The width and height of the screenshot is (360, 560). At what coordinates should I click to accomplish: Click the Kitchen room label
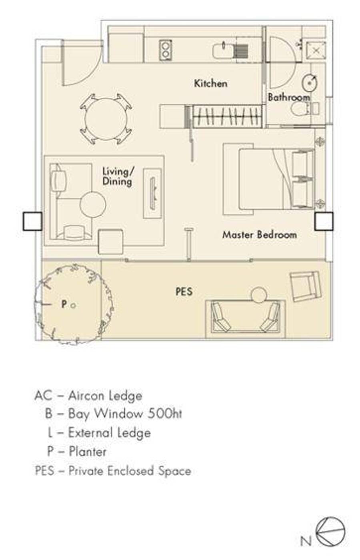pos(211,83)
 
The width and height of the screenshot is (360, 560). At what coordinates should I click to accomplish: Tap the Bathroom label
pos(289,97)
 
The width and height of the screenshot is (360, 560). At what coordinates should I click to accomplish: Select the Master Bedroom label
pos(260,235)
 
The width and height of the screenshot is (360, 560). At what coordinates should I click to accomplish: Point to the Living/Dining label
pos(118,177)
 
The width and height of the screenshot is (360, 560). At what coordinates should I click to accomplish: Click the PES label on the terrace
pos(184,291)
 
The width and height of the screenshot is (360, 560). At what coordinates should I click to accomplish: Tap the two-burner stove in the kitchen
pos(165,50)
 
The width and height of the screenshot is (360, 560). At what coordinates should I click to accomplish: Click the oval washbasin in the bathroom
pos(310,82)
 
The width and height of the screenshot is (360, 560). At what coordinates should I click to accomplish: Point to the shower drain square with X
pos(316,51)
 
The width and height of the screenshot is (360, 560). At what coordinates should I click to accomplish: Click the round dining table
pos(106,119)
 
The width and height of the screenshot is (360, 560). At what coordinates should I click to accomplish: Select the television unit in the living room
pos(152,193)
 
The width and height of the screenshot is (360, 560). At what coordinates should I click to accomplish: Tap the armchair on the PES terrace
pos(306,286)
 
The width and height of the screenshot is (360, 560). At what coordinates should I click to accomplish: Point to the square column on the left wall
pos(32,221)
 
